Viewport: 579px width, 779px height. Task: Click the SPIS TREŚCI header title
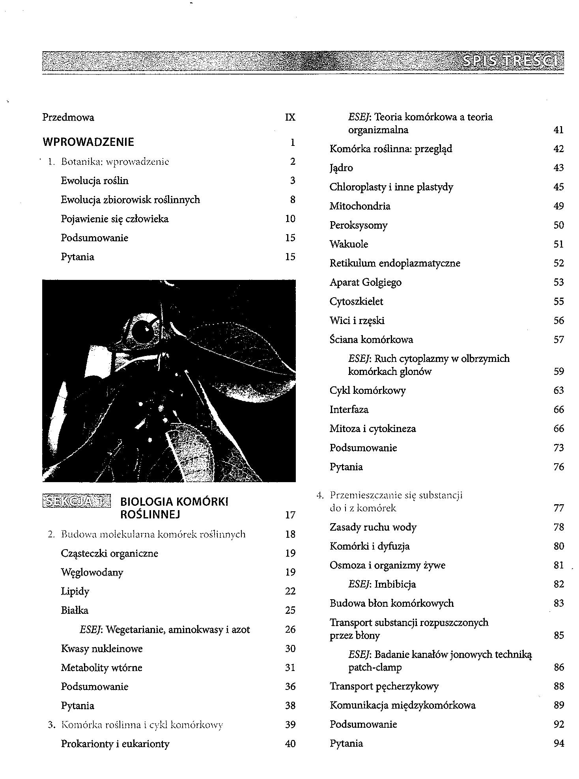click(x=512, y=61)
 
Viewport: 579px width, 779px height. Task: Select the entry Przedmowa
click(x=68, y=117)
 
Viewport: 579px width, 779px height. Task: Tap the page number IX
click(x=290, y=117)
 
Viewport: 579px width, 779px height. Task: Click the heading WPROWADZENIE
click(x=88, y=142)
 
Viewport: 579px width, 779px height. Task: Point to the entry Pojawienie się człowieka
click(x=115, y=219)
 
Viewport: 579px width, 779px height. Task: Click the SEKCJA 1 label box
click(x=76, y=501)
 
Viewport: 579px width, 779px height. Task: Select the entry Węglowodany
click(x=92, y=572)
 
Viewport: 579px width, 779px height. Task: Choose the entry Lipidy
click(x=75, y=591)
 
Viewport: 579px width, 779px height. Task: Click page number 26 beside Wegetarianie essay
click(x=290, y=630)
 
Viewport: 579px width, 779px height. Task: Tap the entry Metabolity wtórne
click(x=101, y=668)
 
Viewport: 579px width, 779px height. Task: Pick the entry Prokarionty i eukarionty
click(x=115, y=744)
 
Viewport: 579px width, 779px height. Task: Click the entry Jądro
click(x=341, y=168)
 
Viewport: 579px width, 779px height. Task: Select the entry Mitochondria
click(x=360, y=206)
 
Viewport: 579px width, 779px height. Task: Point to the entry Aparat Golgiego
click(x=365, y=282)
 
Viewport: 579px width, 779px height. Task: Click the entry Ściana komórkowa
click(x=371, y=340)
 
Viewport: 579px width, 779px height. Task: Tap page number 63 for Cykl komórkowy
click(x=558, y=391)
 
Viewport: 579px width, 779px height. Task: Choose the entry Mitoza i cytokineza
click(x=373, y=429)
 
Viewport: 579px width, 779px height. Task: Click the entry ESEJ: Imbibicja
click(x=382, y=584)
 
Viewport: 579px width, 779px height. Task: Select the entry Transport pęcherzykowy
click(x=384, y=686)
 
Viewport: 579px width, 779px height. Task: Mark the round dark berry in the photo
click(x=141, y=330)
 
